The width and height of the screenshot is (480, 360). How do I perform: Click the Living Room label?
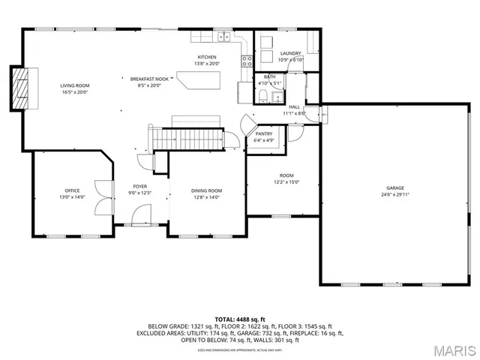[x=75, y=86]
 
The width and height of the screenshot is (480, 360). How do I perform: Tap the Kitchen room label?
[x=207, y=58]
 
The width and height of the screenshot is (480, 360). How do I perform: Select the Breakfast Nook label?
[x=147, y=79]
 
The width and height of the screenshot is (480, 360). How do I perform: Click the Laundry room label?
[x=290, y=53]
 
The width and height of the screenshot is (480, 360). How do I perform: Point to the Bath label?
[x=268, y=76]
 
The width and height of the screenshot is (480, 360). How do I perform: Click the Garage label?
[x=395, y=188]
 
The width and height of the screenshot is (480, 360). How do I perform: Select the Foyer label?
[x=140, y=186]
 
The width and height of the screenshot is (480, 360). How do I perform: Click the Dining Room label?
[x=207, y=190]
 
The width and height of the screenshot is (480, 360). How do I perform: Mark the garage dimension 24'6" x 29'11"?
[x=395, y=194]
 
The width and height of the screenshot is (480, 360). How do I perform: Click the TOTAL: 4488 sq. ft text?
[x=240, y=319]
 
